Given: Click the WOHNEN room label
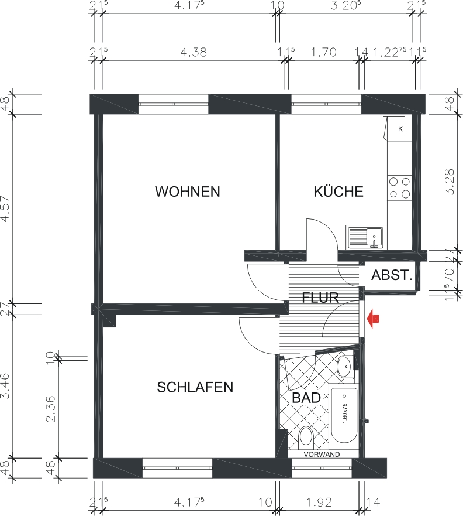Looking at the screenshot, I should [x=187, y=192].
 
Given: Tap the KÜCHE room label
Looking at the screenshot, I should [x=338, y=192].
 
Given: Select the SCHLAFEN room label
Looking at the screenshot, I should [x=195, y=387].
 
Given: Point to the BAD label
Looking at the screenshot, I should [x=306, y=398].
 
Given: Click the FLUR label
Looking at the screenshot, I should [x=320, y=298].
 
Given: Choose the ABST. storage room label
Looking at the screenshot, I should [x=392, y=275].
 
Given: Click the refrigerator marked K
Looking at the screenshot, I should [x=400, y=129].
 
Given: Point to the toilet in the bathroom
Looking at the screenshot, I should [x=306, y=437].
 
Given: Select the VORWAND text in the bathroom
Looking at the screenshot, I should [x=322, y=454].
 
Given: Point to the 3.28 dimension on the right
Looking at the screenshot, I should [x=449, y=182].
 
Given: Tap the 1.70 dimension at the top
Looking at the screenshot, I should [x=324, y=52].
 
